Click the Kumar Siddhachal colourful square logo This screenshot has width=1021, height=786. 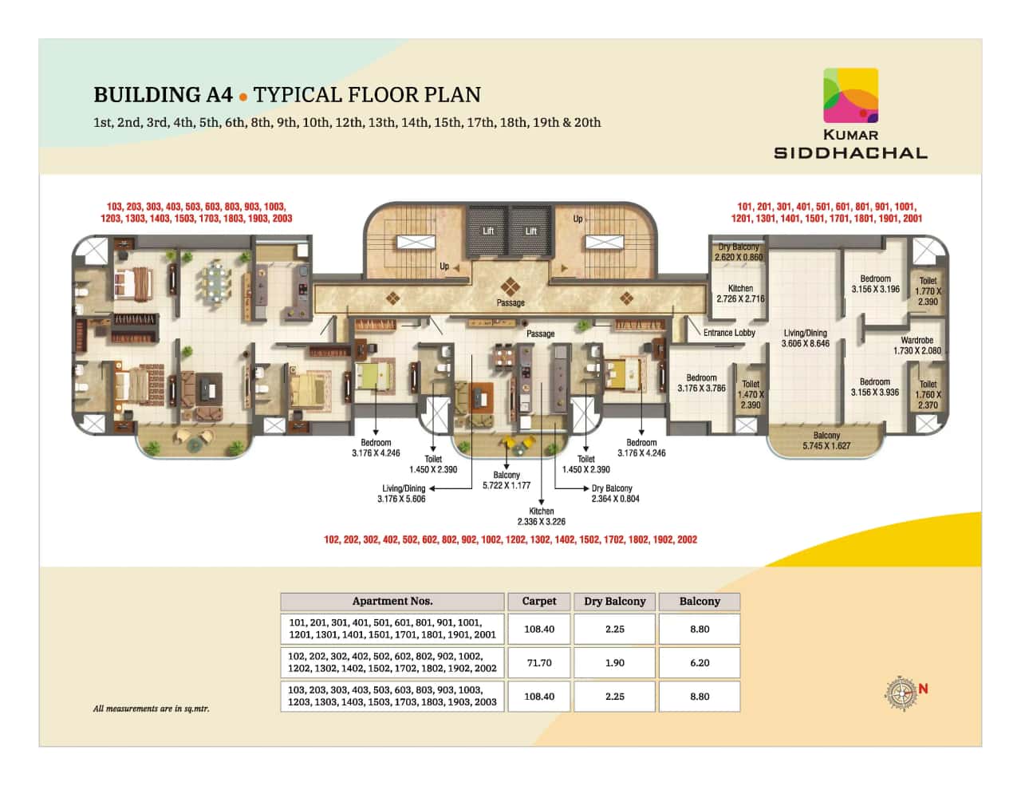click(x=850, y=95)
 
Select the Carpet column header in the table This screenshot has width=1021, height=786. click(x=538, y=602)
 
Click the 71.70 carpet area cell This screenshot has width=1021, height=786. click(x=538, y=663)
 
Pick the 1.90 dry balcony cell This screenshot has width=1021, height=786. click(x=614, y=663)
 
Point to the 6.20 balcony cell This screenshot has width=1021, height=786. click(x=700, y=663)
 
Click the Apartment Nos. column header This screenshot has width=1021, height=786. click(x=392, y=602)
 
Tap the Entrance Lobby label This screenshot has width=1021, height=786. click(x=729, y=333)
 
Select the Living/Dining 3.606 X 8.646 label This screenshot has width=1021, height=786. click(x=805, y=338)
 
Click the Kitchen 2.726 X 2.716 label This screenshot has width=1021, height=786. click(x=740, y=294)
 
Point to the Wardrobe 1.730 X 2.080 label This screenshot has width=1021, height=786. click(x=917, y=346)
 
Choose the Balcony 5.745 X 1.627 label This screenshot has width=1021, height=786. click(x=826, y=440)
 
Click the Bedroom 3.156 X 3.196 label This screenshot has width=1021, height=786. click(x=875, y=284)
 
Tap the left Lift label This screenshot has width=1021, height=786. click(x=488, y=231)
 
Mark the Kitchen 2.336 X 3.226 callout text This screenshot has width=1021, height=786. click(x=541, y=516)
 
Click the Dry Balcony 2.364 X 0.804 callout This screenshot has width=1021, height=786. click(x=614, y=493)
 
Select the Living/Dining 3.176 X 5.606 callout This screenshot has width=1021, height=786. click(x=402, y=493)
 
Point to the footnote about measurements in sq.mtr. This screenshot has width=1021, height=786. click(x=152, y=709)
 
